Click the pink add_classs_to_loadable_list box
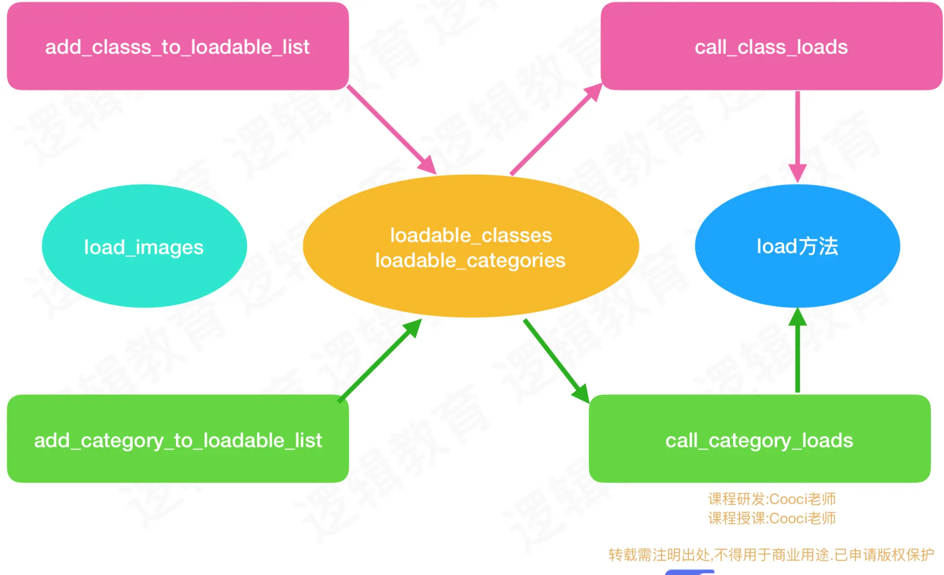(178, 46)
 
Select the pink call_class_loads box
(771, 46)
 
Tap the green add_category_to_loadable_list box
(178, 439)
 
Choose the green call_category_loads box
(759, 439)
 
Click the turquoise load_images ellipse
(144, 246)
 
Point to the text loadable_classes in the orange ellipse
(471, 235)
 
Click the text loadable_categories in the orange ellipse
(470, 261)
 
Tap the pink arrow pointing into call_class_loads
(556, 129)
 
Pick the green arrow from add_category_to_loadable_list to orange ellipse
(379, 360)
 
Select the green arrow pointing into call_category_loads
(556, 360)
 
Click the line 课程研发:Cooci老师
(771, 499)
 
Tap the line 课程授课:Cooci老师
(771, 519)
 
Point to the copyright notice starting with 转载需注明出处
(771, 555)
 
